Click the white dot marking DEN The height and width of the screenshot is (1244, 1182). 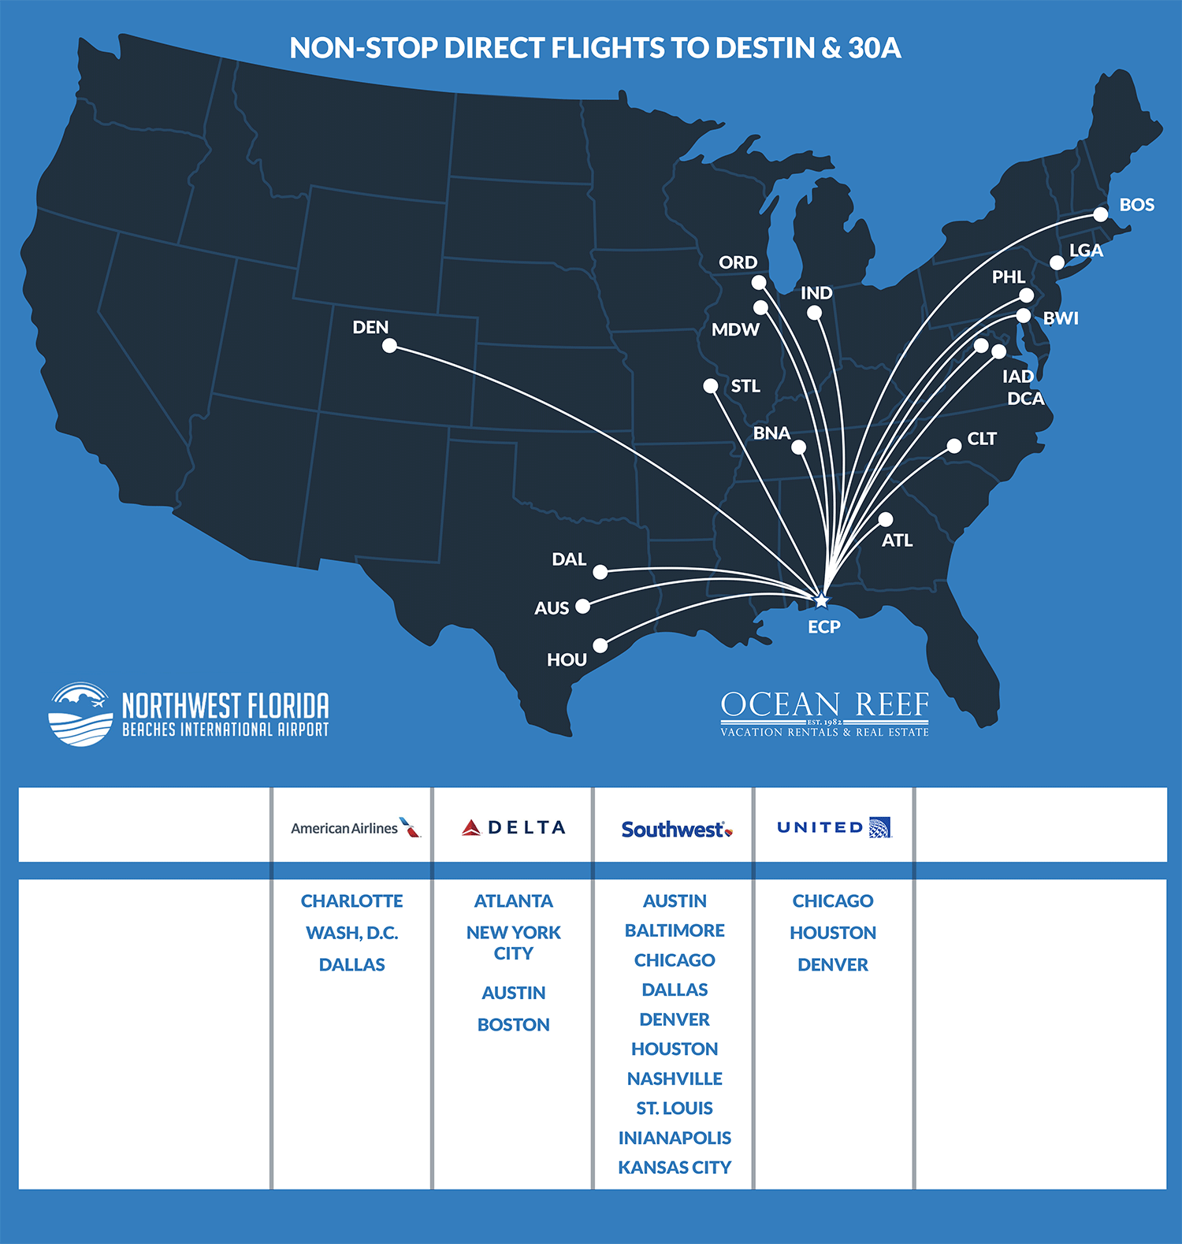(x=389, y=346)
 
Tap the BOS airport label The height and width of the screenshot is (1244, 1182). (x=1136, y=205)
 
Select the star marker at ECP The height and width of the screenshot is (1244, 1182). (x=821, y=600)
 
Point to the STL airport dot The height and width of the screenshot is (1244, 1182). (x=711, y=386)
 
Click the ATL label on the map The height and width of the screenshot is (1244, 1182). (x=897, y=540)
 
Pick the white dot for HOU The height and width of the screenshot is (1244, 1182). (x=600, y=646)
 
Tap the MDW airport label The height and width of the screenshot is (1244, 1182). (x=735, y=330)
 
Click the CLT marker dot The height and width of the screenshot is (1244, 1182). (x=953, y=446)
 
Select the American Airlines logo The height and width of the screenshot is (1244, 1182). (x=355, y=827)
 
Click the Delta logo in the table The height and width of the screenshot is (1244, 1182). (x=514, y=827)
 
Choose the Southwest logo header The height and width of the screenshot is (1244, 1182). (x=676, y=829)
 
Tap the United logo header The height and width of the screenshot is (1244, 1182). (x=834, y=827)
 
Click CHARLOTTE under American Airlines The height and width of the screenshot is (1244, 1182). (x=351, y=901)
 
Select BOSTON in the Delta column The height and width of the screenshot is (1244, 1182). (x=514, y=1024)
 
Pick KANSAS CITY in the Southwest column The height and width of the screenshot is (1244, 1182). (x=675, y=1167)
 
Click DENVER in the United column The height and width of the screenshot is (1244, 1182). (x=833, y=964)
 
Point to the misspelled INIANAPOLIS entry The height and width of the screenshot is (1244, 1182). (x=675, y=1138)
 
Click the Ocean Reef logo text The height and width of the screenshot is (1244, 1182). (x=824, y=706)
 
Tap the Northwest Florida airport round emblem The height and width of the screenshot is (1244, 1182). (x=80, y=714)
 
